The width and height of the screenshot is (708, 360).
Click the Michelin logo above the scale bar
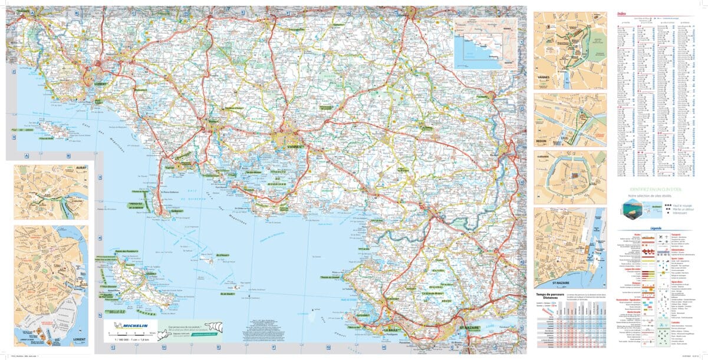[x=131, y=325]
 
